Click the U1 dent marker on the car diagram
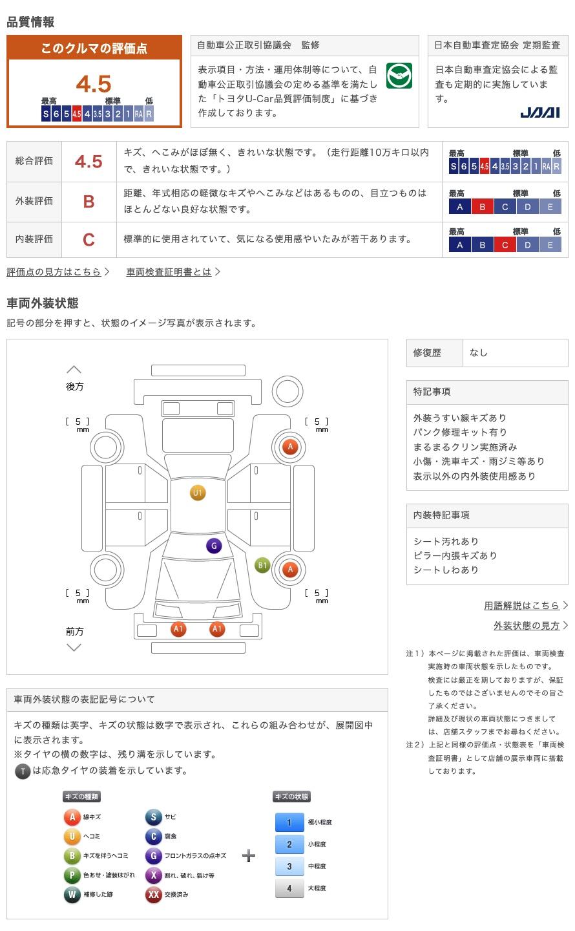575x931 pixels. [198, 493]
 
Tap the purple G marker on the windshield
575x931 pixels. [214, 546]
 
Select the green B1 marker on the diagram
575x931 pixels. [262, 566]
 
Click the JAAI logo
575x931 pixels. [540, 112]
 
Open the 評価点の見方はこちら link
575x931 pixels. [54, 272]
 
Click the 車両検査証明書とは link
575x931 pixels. [169, 272]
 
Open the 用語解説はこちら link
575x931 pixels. [522, 606]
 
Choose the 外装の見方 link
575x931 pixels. [527, 626]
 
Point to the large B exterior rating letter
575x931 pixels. [89, 201]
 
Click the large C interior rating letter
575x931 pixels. [89, 240]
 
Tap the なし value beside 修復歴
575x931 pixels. [479, 353]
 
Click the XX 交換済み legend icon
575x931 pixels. [153, 895]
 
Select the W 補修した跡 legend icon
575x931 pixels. [72, 895]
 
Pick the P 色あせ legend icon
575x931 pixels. [72, 875]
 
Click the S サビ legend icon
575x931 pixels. [153, 817]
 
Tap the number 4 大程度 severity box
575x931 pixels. [289, 888]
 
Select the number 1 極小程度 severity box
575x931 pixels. [289, 822]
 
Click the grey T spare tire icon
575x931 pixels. [23, 771]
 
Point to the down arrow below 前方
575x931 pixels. [74, 647]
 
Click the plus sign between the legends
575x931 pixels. [249, 856]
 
